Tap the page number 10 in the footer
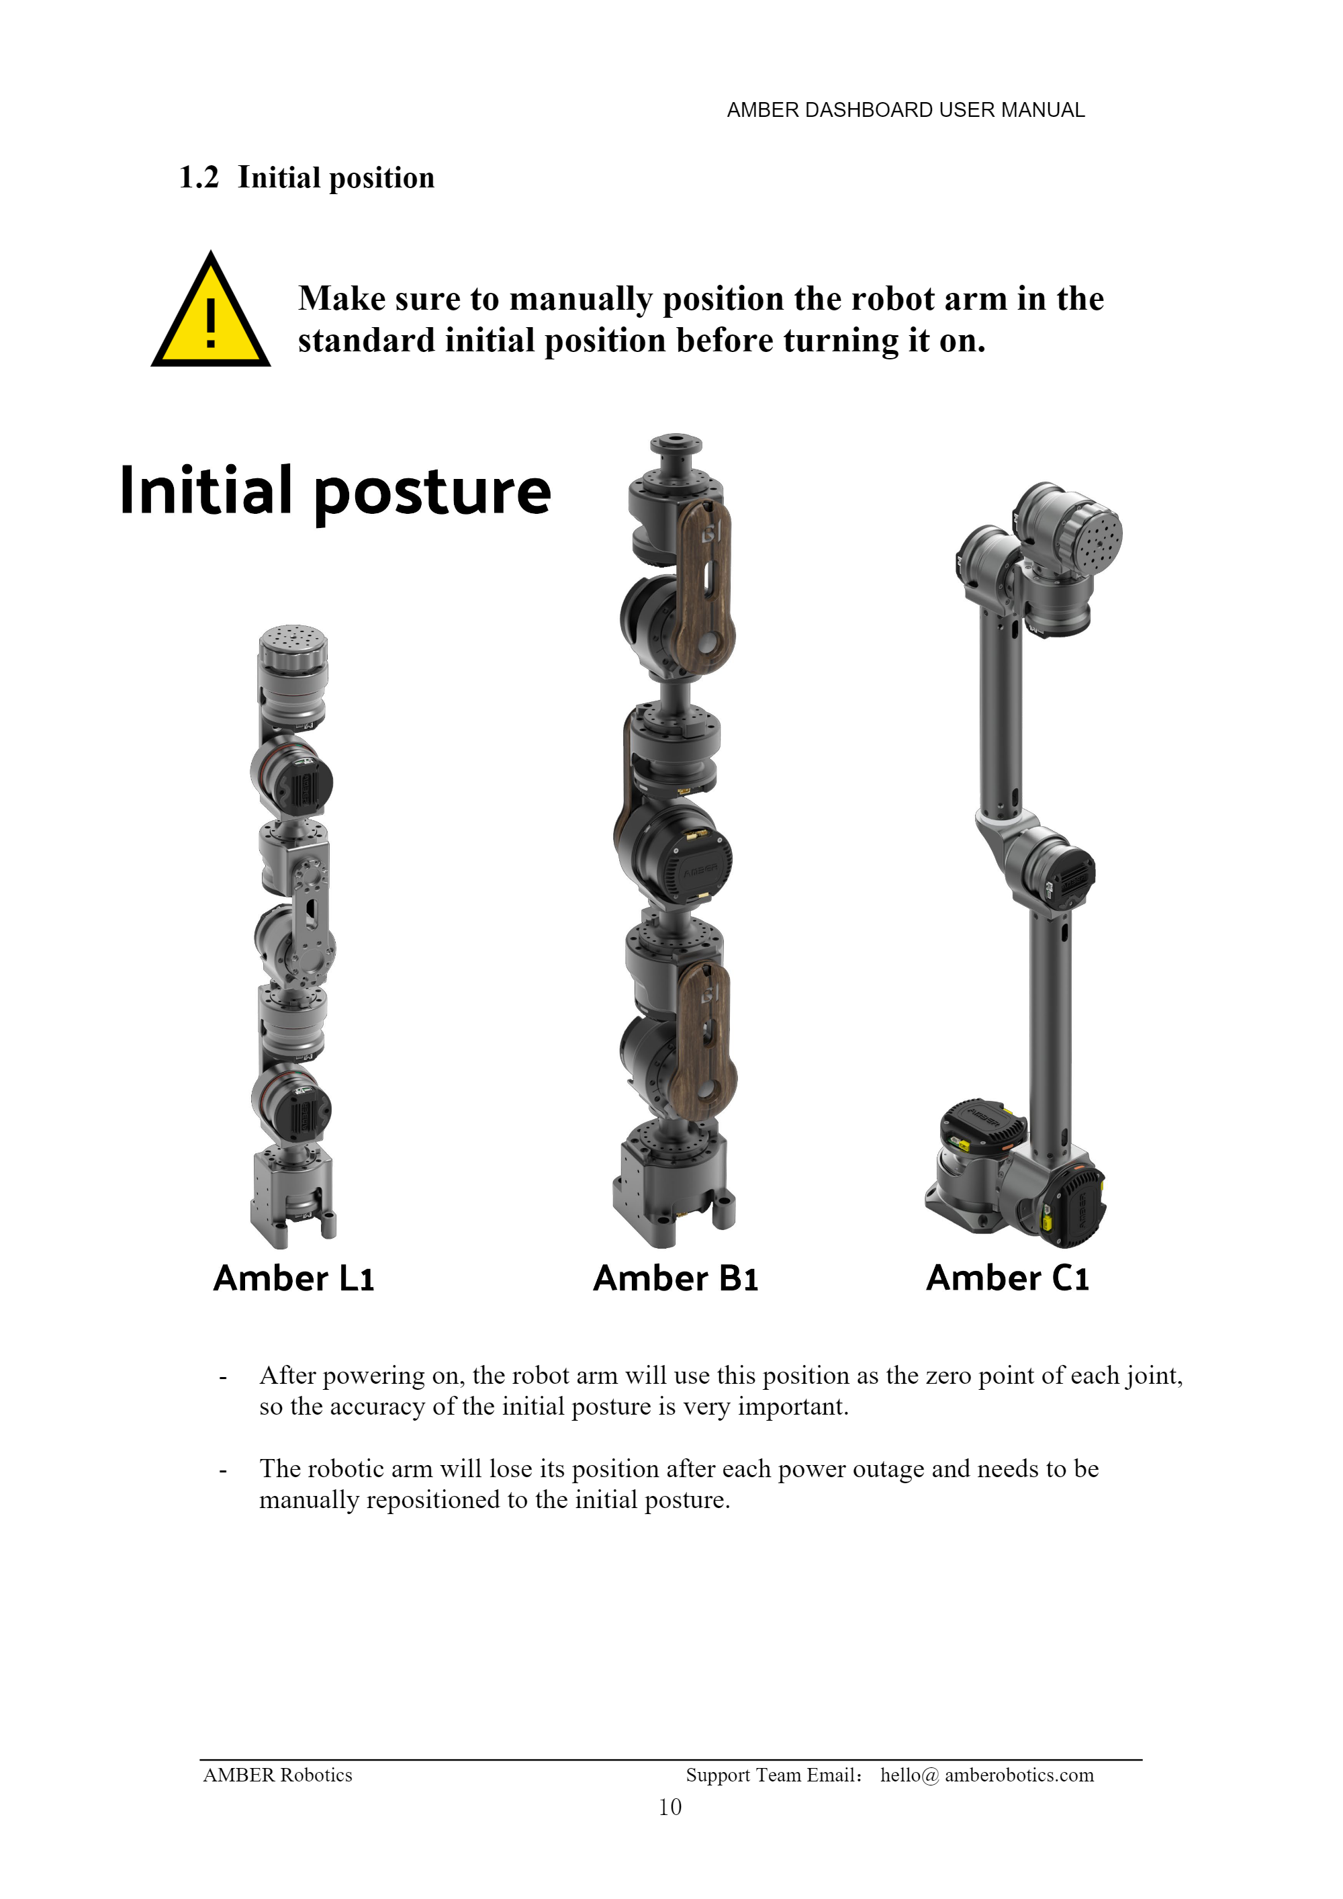tap(670, 1806)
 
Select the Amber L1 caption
tap(294, 1278)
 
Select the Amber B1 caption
tap(676, 1278)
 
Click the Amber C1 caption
tap(1007, 1278)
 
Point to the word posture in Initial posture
tap(432, 494)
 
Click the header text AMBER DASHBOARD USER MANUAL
tap(906, 110)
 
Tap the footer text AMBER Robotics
tap(278, 1775)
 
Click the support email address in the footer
tap(986, 1775)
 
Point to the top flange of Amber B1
tap(676, 453)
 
